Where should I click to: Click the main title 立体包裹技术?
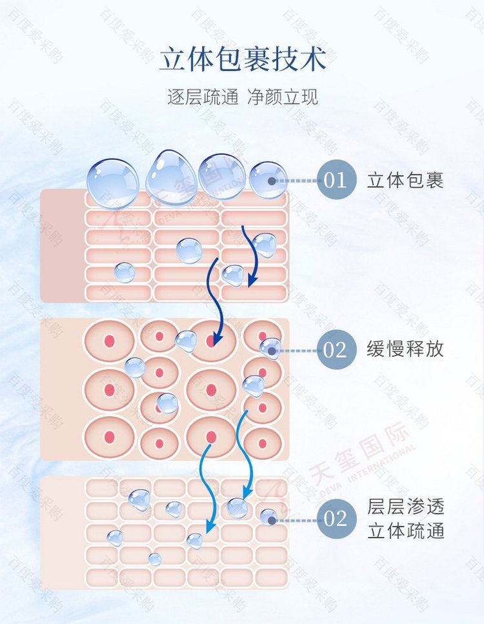(242, 60)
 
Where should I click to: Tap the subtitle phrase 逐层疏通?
(203, 97)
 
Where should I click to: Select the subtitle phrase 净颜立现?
(282, 97)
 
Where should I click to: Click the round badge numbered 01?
(336, 180)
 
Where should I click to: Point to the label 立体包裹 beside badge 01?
(405, 180)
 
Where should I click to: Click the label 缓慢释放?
(405, 348)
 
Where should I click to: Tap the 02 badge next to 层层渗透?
(336, 519)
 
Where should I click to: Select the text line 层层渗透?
(405, 507)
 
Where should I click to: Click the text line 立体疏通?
(405, 531)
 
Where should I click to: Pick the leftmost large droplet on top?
(113, 183)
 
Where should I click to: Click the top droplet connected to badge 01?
(268, 180)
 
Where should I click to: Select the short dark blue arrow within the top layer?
(249, 256)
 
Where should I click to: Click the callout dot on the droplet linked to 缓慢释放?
(272, 351)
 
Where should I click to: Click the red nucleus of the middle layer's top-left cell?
(110, 341)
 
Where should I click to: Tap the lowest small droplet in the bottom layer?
(155, 559)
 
